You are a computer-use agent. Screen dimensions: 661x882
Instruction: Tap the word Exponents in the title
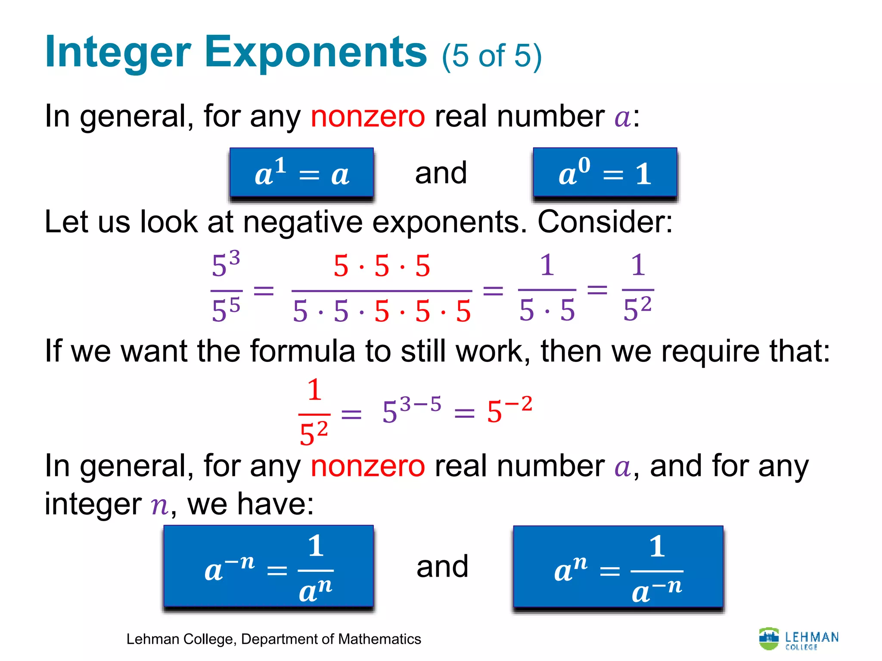[x=316, y=53]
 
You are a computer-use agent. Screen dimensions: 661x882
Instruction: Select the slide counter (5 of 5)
[x=491, y=56]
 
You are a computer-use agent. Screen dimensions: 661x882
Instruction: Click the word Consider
[x=605, y=222]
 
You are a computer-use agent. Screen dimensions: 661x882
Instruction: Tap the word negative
[x=303, y=222]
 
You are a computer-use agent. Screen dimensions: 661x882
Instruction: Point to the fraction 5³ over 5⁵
[x=226, y=287]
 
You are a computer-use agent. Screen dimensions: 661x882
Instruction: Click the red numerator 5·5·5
[x=382, y=266]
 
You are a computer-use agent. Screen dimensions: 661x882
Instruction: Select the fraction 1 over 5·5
[x=547, y=287]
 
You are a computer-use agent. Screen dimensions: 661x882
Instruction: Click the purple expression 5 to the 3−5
[x=412, y=410]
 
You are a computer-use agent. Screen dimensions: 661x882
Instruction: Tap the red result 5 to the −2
[x=509, y=410]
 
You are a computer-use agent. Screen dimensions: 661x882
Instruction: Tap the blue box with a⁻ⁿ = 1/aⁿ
[x=268, y=566]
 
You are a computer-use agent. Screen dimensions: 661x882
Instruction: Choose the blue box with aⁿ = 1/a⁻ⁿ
[x=618, y=566]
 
